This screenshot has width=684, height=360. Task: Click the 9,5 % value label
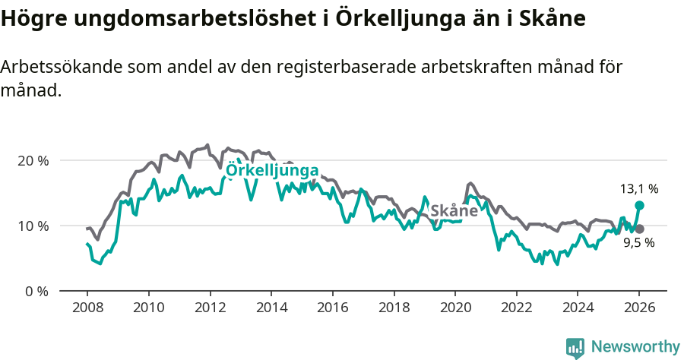coord(638,243)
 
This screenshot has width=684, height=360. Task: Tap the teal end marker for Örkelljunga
coord(639,205)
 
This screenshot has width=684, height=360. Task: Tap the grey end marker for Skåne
coord(639,229)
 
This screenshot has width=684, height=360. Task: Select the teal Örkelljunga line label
coord(272,172)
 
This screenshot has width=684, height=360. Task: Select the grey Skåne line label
coord(454,210)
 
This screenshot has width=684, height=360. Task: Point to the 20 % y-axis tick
coord(33,160)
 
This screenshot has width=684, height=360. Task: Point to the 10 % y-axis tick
coord(33,226)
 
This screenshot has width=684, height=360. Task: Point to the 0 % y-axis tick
coord(36,291)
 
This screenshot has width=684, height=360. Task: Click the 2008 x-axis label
coord(87,308)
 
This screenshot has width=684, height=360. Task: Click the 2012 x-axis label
coord(209,308)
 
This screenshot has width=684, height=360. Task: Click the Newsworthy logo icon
coord(575,347)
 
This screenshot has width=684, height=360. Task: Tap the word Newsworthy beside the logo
coord(635,346)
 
